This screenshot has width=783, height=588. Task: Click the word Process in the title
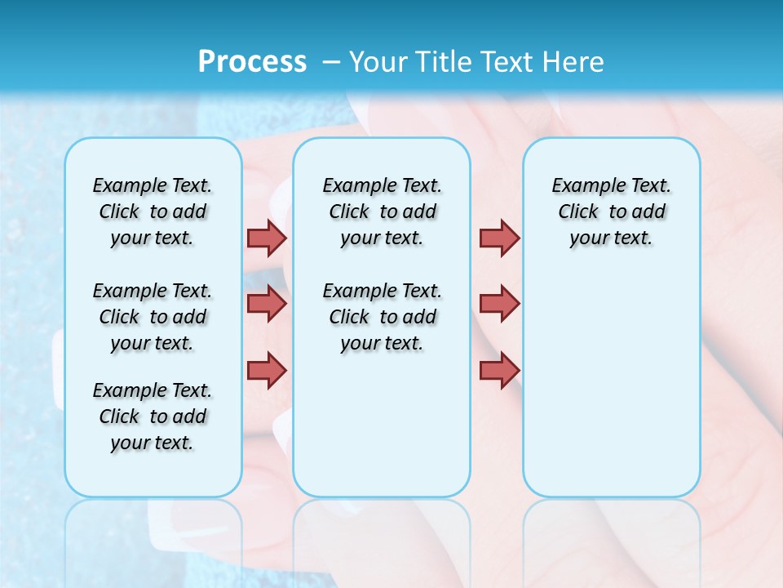point(252,61)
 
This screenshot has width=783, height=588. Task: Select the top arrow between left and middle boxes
point(267,238)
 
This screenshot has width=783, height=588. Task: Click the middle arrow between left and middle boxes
point(267,304)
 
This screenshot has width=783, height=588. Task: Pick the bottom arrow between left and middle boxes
point(267,370)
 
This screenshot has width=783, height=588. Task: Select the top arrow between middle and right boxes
point(499,238)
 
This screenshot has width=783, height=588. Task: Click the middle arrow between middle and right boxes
point(499,304)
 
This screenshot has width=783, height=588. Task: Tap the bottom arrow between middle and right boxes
point(499,370)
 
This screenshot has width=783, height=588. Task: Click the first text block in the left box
point(153,212)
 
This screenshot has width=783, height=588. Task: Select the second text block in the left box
point(153,317)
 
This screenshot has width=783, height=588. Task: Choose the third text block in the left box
point(153,416)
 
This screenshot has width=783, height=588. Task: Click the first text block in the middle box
point(382,212)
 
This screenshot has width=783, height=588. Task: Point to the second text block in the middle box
point(382,317)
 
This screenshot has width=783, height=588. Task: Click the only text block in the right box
point(611,212)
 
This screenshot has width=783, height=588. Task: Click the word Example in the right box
point(582,185)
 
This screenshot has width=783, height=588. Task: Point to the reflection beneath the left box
point(153,531)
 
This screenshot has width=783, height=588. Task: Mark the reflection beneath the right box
point(611,531)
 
